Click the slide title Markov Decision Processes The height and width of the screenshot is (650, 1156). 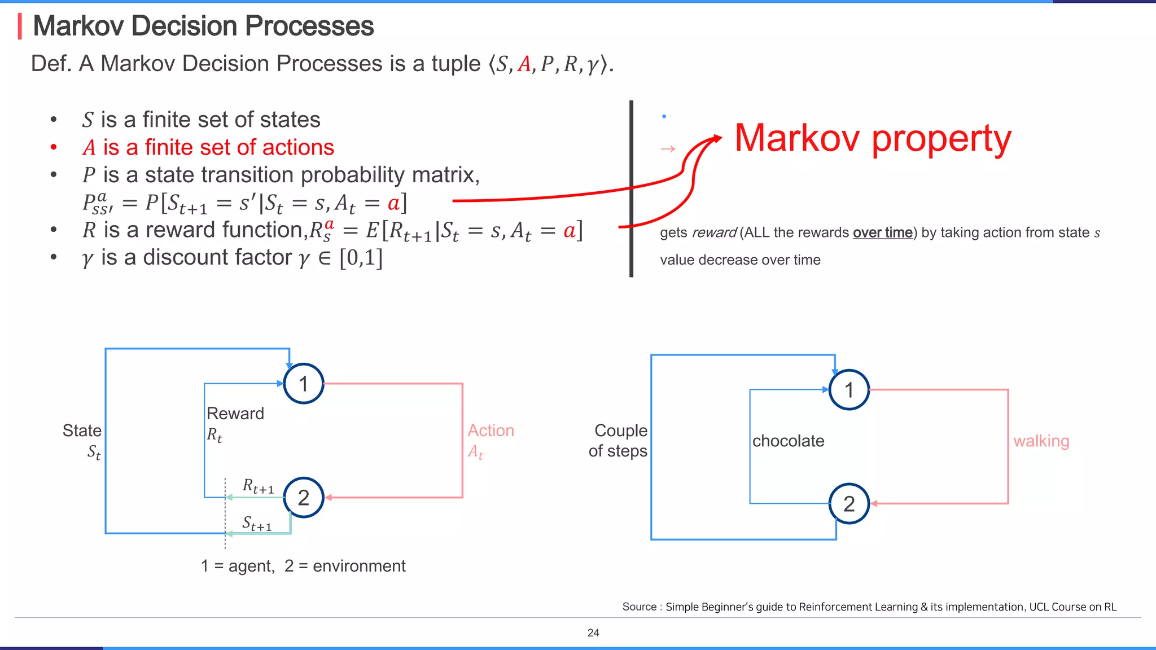point(203,26)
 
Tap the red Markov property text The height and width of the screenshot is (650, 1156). point(873,138)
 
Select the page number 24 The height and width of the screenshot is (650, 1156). point(593,633)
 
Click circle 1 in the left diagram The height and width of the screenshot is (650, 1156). point(304,384)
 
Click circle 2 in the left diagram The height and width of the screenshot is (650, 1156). point(304,498)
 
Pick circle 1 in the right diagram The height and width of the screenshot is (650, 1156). point(849,390)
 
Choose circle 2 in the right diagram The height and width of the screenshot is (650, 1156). point(849,504)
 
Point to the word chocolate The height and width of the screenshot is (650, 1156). point(788,441)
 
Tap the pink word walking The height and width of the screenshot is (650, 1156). point(1041,441)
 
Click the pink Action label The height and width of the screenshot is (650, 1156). point(491,431)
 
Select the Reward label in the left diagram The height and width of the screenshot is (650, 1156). point(235,414)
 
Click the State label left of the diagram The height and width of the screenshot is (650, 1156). point(82,431)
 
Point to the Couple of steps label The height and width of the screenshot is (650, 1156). point(619,441)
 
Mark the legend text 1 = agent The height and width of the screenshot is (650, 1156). point(238,566)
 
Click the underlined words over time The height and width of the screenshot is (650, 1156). point(882,232)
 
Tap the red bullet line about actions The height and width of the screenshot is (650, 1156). point(208,147)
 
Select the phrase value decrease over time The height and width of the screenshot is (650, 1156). point(740,260)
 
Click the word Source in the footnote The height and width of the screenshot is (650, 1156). point(639,607)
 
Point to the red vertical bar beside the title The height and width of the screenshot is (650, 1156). point(20,27)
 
